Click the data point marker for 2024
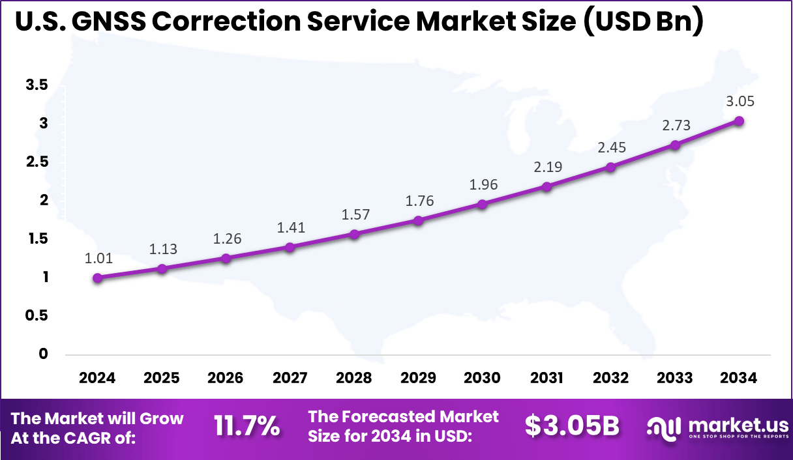pyautogui.click(x=98, y=278)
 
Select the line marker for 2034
pyautogui.click(x=739, y=121)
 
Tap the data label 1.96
pyautogui.click(x=483, y=184)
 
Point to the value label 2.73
pyautogui.click(x=676, y=125)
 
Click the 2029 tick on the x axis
pyautogui.click(x=419, y=378)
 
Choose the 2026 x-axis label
pyautogui.click(x=226, y=378)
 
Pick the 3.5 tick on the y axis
pyautogui.click(x=37, y=85)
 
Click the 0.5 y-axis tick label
pyautogui.click(x=37, y=315)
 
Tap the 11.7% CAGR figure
pyautogui.click(x=247, y=426)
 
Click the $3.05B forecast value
pyautogui.click(x=572, y=426)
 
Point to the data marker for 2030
pyautogui.click(x=483, y=204)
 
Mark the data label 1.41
pyautogui.click(x=291, y=227)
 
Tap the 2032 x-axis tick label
pyautogui.click(x=611, y=378)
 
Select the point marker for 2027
pyautogui.click(x=290, y=247)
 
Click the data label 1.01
pyautogui.click(x=98, y=258)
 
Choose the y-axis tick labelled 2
pyautogui.click(x=44, y=200)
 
